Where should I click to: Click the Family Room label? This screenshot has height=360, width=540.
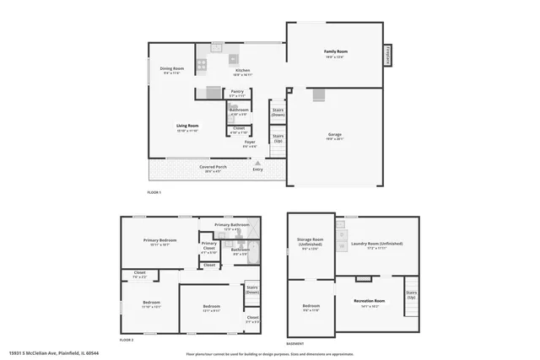tap(336, 53)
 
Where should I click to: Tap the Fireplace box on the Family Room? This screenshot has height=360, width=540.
tap(389, 54)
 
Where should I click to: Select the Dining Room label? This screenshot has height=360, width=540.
tap(172, 70)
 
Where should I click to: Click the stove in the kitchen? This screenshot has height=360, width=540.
tap(233, 59)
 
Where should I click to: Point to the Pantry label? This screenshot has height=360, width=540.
tap(237, 93)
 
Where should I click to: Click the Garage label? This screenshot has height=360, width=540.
tap(335, 136)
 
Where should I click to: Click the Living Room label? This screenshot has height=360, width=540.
tap(186, 127)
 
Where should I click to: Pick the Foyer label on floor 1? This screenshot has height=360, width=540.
tap(250, 143)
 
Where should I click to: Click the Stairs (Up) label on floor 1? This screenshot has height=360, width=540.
tap(277, 137)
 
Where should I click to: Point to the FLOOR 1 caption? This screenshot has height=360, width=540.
tap(154, 193)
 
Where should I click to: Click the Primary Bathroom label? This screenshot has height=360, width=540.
tap(232, 226)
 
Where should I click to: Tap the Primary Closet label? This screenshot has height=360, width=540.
tap(209, 246)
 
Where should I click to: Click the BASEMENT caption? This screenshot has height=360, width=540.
tap(295, 344)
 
